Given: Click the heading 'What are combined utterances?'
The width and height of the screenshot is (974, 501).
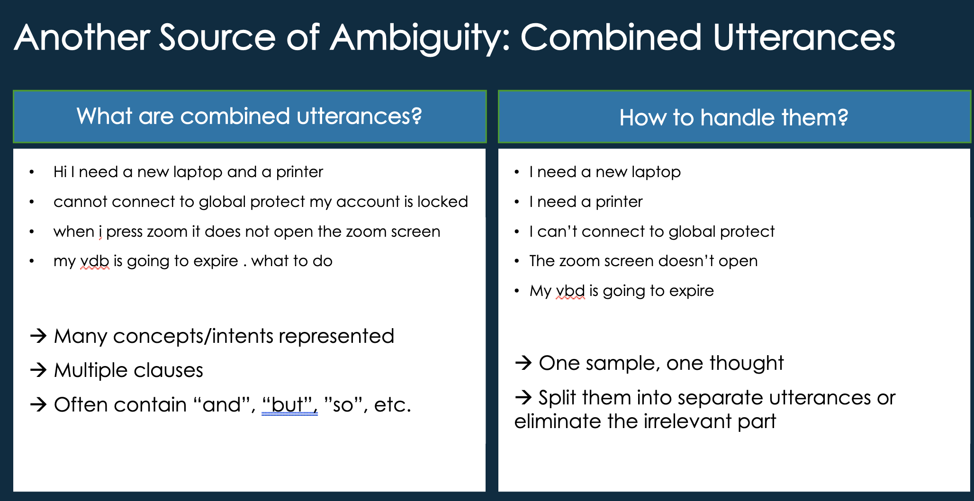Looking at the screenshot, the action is click(x=249, y=116).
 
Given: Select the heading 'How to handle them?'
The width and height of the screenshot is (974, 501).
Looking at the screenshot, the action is click(x=733, y=117).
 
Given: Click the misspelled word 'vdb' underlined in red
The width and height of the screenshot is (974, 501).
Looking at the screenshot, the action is click(x=95, y=261).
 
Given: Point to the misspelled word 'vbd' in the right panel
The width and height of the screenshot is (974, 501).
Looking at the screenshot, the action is click(x=570, y=291).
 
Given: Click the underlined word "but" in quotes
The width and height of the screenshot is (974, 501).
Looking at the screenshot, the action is click(x=289, y=405).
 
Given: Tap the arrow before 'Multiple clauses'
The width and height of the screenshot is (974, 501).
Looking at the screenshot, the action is click(x=38, y=370).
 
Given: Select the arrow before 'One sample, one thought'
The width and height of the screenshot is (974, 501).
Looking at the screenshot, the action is click(x=523, y=363).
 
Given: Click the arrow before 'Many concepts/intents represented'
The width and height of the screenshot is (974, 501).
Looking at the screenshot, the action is click(x=38, y=336).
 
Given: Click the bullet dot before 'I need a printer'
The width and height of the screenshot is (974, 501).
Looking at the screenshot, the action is click(x=517, y=202).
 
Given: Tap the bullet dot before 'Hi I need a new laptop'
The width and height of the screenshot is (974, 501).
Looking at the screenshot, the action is click(x=32, y=172).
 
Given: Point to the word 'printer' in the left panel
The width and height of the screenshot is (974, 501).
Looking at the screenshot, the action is click(x=299, y=172).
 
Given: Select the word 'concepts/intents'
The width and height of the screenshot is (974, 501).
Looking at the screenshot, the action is click(x=193, y=336).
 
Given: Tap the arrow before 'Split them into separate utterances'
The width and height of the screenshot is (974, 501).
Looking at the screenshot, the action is click(x=523, y=397).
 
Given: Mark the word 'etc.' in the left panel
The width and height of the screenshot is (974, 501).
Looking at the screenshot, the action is click(x=392, y=405).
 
